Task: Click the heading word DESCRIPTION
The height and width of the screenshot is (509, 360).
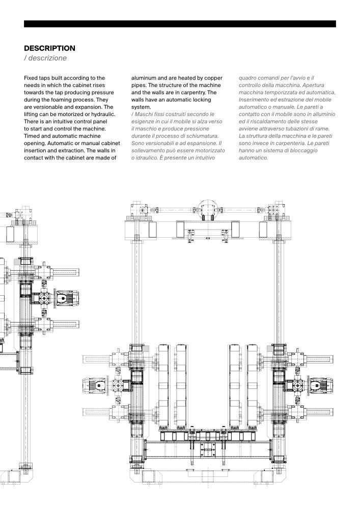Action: (49, 48)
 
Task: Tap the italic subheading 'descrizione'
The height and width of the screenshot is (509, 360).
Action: (47, 58)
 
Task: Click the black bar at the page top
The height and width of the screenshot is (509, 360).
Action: (180, 23)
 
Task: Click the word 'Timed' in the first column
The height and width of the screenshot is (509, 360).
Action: (33, 136)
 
